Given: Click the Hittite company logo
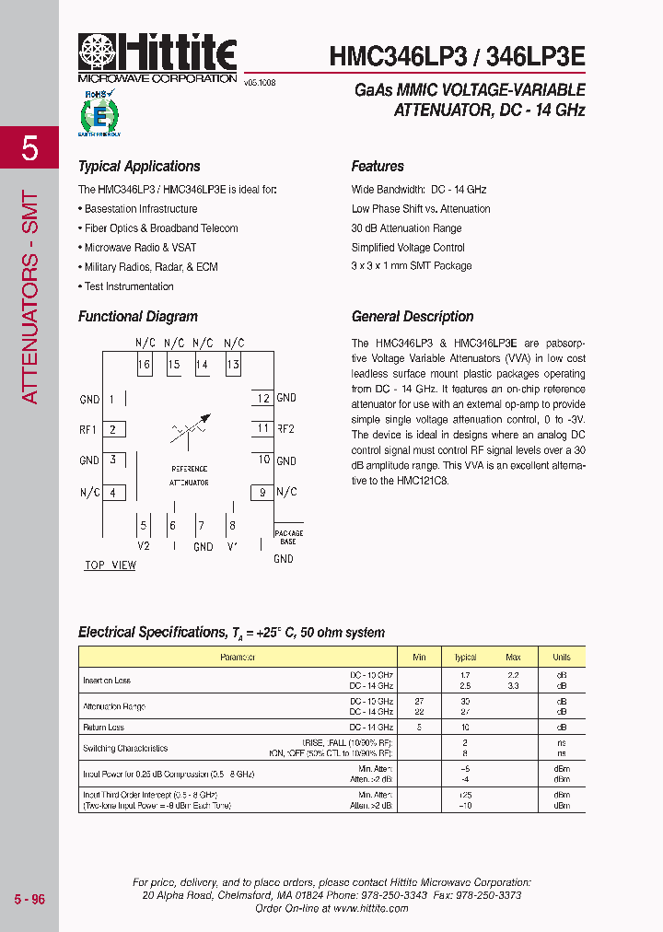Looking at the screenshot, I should pyautogui.click(x=157, y=57).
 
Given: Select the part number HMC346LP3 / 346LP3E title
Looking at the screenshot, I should pyautogui.click(x=457, y=56).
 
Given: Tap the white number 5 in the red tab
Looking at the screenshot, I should pyautogui.click(x=29, y=148).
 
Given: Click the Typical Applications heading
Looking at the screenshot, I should pyautogui.click(x=139, y=167).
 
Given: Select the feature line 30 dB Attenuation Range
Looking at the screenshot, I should pyautogui.click(x=406, y=228).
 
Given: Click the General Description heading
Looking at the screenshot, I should pyautogui.click(x=413, y=317).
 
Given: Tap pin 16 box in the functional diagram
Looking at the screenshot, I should pyautogui.click(x=145, y=365).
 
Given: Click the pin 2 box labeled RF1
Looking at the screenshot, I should pyautogui.click(x=112, y=429).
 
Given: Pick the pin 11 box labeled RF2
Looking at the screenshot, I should pyautogui.click(x=263, y=429).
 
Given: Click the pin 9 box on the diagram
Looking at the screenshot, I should pyautogui.click(x=262, y=493).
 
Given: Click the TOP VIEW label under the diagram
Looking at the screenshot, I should pyautogui.click(x=110, y=565).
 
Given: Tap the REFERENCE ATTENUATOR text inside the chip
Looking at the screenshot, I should pyautogui.click(x=189, y=476).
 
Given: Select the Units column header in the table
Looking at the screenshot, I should pyautogui.click(x=561, y=658).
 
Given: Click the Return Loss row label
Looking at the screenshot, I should pyautogui.click(x=104, y=728).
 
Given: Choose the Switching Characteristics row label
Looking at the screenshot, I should pyautogui.click(x=125, y=749).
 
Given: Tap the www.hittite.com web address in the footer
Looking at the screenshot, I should pyautogui.click(x=370, y=908).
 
